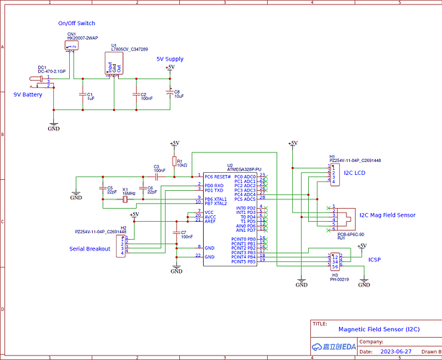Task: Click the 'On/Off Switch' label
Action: point(76,24)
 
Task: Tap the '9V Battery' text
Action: point(28,94)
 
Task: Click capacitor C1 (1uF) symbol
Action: point(82,94)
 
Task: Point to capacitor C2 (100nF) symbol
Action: point(135,94)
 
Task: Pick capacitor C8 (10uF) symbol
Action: point(169,93)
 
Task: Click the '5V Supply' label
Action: point(169,59)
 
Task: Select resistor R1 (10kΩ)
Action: point(173,162)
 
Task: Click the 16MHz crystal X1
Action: point(125,191)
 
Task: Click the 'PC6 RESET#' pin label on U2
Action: point(217,176)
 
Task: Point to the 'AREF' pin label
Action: point(209,221)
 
